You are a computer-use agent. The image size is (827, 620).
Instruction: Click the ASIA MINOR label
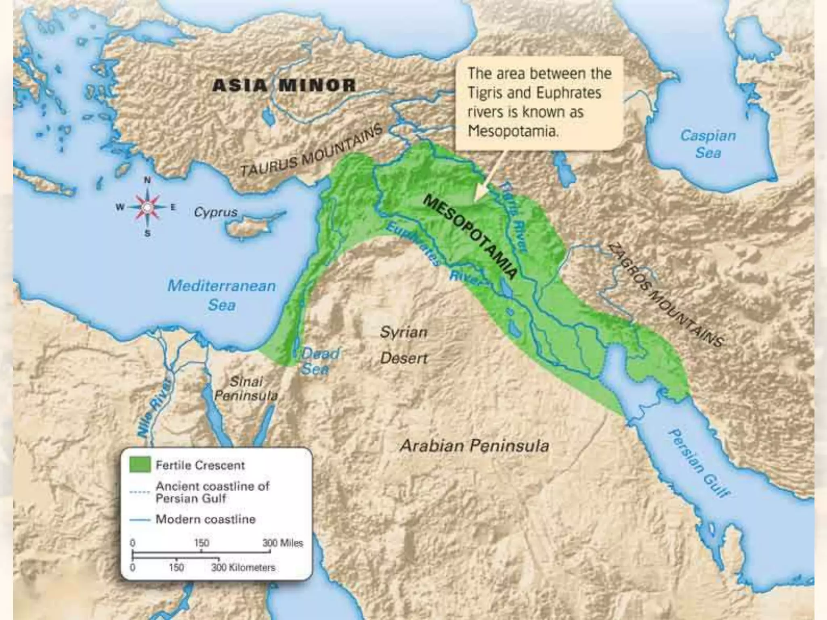pyautogui.click(x=284, y=86)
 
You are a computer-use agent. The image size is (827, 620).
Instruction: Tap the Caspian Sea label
pyautogui.click(x=708, y=144)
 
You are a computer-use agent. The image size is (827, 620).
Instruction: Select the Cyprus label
pyautogui.click(x=216, y=212)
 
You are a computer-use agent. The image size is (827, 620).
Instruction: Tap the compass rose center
pyautogui.click(x=147, y=207)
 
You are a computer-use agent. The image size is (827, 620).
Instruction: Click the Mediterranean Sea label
pyautogui.click(x=222, y=295)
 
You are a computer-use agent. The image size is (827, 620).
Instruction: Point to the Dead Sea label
pyautogui.click(x=319, y=361)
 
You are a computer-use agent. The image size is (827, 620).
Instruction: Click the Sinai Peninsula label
pyautogui.click(x=246, y=388)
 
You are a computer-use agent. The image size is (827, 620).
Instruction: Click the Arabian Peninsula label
pyautogui.click(x=474, y=446)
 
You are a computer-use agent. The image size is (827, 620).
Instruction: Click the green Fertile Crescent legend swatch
pyautogui.click(x=140, y=465)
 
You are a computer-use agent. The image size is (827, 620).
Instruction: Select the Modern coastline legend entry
pyautogui.click(x=206, y=519)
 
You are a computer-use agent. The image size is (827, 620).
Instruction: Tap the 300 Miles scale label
pyautogui.click(x=282, y=543)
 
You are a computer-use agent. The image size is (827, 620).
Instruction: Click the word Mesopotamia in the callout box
pyautogui.click(x=513, y=131)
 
